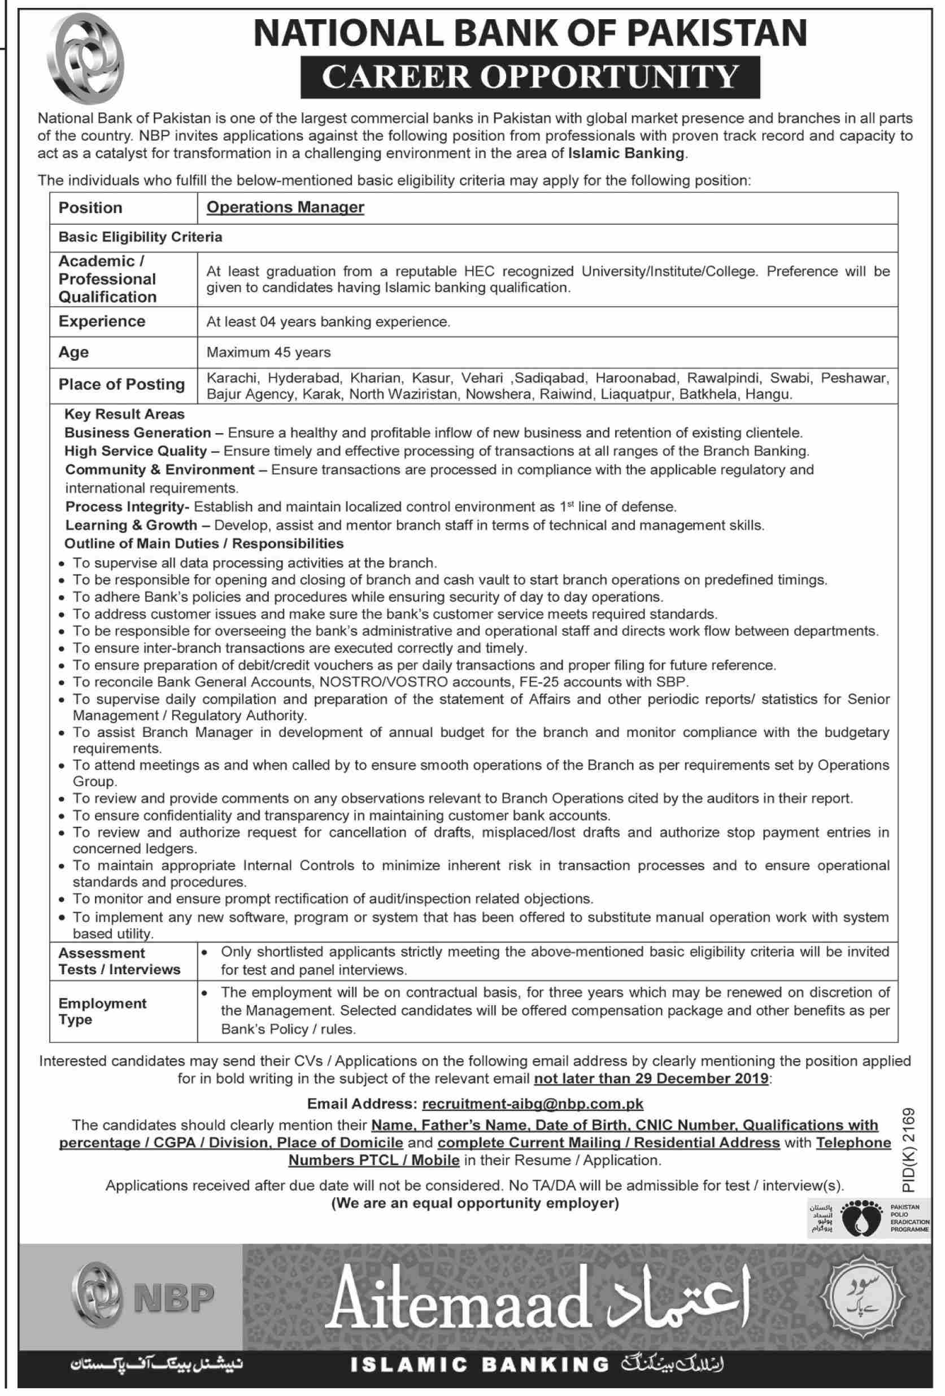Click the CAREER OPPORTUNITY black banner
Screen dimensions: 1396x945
tap(530, 77)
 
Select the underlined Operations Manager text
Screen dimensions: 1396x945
tap(285, 207)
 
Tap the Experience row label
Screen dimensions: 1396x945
tap(102, 321)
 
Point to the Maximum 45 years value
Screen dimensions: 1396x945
tap(268, 352)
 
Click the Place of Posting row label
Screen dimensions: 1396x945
tap(121, 385)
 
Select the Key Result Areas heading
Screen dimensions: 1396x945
tap(124, 414)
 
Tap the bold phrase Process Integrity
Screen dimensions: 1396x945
tap(124, 507)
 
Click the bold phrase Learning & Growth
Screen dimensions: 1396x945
tap(131, 525)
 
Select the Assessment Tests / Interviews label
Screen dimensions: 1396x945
tap(119, 961)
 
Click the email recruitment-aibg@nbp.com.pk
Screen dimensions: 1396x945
tap(532, 1103)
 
